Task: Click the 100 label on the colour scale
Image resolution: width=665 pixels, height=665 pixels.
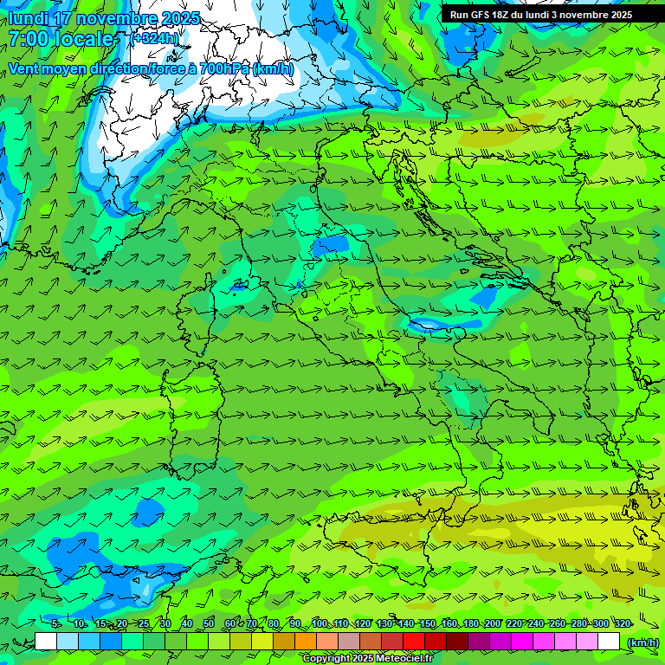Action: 320,623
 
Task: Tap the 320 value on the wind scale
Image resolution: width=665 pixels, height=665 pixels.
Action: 623,623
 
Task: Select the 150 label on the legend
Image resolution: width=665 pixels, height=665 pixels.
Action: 427,623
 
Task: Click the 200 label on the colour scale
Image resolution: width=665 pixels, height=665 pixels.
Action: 493,623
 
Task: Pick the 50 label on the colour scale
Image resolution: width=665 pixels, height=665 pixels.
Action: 209,623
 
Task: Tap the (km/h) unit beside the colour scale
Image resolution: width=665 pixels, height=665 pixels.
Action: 642,642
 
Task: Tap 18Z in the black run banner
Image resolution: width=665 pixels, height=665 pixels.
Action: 505,15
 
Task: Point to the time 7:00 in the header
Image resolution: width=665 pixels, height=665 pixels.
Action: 29,39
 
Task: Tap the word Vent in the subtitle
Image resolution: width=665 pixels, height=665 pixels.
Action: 23,68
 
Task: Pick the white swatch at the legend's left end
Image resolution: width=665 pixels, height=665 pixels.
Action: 46,642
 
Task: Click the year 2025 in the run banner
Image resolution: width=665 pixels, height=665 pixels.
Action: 617,15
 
